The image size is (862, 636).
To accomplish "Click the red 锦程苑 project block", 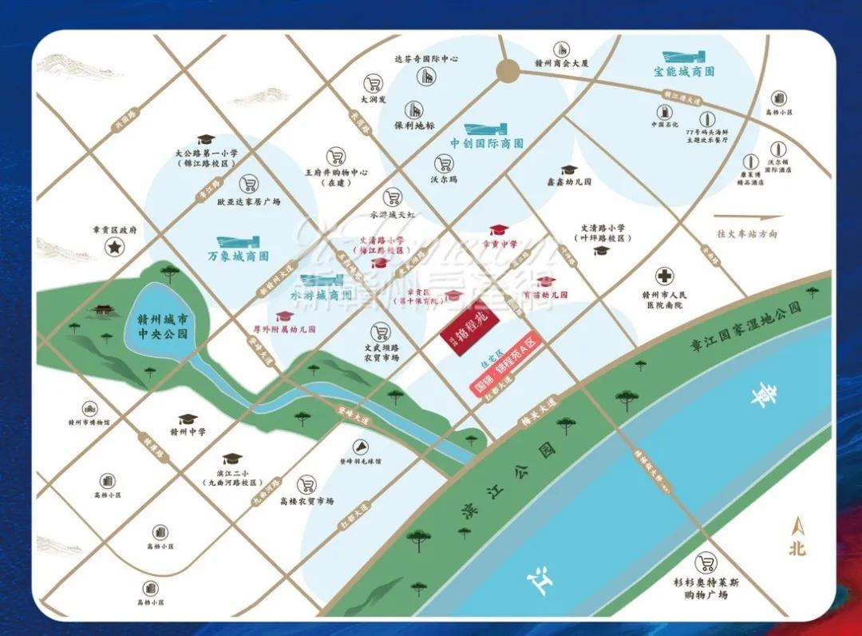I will [x=472, y=327].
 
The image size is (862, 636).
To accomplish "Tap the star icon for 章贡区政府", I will [x=115, y=248].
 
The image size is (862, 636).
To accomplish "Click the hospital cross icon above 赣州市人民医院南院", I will [x=663, y=276].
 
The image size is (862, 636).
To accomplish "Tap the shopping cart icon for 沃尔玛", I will [x=444, y=164].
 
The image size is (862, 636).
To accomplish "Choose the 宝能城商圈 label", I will [x=684, y=71].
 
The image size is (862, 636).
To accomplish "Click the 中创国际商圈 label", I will [x=486, y=144].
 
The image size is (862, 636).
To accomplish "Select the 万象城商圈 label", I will [x=238, y=256].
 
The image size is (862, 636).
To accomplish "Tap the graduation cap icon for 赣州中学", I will [x=188, y=419].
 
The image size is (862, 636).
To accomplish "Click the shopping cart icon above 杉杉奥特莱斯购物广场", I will [x=705, y=562].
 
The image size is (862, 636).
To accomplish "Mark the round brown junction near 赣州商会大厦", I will [x=507, y=71].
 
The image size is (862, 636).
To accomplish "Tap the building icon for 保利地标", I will [x=413, y=109].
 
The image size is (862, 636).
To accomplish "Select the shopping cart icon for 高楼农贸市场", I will [x=306, y=484].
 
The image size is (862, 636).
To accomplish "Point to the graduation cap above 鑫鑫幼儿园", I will [x=568, y=170].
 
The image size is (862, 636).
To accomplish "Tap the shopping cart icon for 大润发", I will [x=372, y=83].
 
